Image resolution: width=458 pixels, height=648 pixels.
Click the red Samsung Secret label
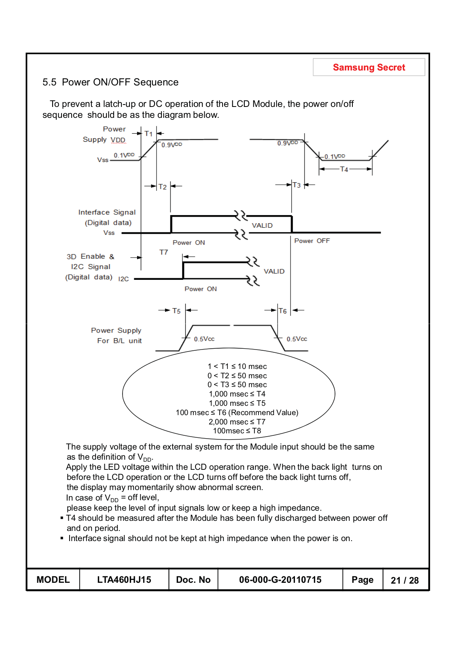[x=369, y=68]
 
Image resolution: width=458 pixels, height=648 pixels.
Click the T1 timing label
[x=148, y=134]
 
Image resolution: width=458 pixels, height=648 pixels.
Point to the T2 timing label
[x=163, y=187]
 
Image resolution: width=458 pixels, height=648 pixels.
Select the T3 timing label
[x=297, y=185]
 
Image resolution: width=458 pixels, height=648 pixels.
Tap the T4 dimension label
[x=344, y=169]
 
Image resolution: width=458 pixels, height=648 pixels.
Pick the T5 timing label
[x=176, y=311]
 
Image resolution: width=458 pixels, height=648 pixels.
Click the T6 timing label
[x=283, y=311]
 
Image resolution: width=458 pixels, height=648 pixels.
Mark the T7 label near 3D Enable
[x=163, y=252]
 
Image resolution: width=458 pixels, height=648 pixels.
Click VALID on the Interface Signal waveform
[x=262, y=226]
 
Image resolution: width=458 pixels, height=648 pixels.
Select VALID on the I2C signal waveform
[x=274, y=271]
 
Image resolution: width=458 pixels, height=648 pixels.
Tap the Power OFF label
[x=312, y=241]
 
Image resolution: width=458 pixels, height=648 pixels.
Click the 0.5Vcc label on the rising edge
[x=204, y=339]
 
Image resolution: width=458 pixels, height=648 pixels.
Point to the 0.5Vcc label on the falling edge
[x=297, y=339]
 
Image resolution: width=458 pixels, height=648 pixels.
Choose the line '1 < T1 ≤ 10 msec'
[x=237, y=367]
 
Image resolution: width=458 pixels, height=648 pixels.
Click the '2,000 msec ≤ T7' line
[x=237, y=422]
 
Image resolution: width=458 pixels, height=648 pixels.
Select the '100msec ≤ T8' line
[x=237, y=431]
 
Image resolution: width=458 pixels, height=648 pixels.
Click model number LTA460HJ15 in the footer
[x=124, y=580]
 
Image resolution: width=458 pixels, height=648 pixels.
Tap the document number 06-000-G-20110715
[x=280, y=580]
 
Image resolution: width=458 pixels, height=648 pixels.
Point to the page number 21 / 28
[x=405, y=580]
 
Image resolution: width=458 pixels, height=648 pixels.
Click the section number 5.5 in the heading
[x=49, y=82]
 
